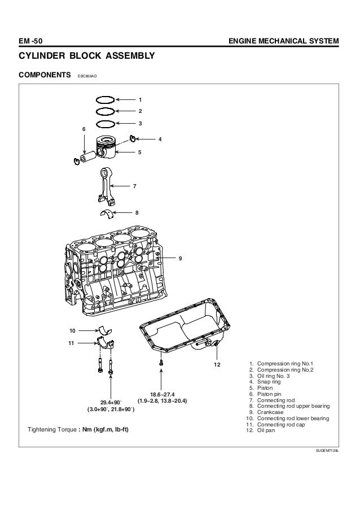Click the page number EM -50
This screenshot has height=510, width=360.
pos(30,41)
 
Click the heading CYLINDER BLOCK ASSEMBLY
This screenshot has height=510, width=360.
pos(87,55)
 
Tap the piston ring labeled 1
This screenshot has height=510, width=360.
pos(106,97)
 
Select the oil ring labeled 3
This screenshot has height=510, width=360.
pos(106,121)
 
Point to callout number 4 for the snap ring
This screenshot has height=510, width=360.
pos(160,139)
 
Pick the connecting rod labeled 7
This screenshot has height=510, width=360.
pos(107,186)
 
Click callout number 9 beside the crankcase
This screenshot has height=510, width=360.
pos(181,259)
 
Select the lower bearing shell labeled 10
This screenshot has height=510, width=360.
pos(105,330)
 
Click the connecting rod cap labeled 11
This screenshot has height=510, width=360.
pos(106,344)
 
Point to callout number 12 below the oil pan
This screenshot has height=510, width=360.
pos(217,365)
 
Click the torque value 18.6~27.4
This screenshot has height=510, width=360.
pos(162,395)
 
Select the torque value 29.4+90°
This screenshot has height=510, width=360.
pos(111,403)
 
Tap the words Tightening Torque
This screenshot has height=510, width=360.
pos(52,430)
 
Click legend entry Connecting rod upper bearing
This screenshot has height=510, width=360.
pos(293,406)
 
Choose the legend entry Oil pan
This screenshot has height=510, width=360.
pos(266,430)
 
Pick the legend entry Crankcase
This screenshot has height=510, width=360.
pos(270,412)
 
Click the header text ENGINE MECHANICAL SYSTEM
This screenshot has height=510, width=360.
pos(284,41)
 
